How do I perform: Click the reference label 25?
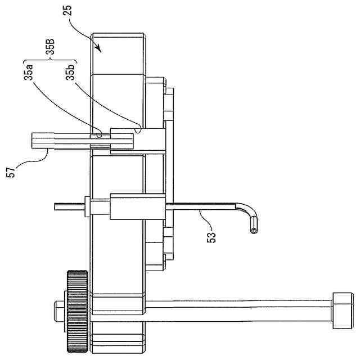(x=67, y=11)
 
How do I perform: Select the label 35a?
(x=29, y=73)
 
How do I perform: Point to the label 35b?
(x=70, y=73)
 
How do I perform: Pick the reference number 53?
(x=211, y=237)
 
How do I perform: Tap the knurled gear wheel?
(x=78, y=311)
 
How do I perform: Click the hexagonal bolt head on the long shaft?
(x=343, y=310)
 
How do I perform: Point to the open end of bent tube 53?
(x=254, y=231)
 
